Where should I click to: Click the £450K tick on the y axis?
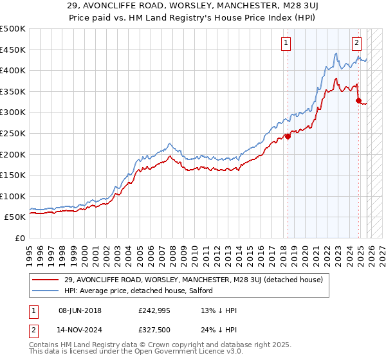[x=13, y=50]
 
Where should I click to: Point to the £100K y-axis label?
[x=13, y=196]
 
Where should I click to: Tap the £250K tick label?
[x=13, y=133]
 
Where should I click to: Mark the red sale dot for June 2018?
[x=288, y=136]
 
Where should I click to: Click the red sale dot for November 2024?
[x=358, y=100]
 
